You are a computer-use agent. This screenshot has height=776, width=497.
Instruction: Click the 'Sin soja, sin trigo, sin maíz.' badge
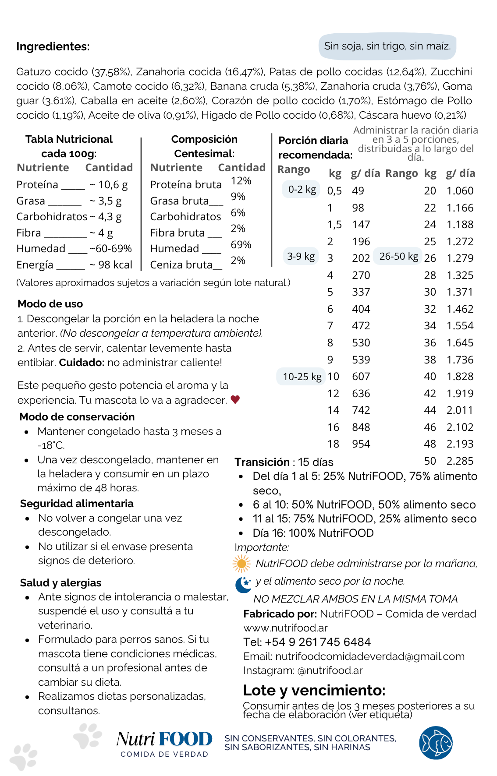387,46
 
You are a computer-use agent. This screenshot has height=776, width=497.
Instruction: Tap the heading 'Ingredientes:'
53,46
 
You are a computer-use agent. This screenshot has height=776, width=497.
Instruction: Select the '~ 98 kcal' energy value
111,265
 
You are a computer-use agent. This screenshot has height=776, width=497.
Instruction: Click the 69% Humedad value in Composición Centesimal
241,244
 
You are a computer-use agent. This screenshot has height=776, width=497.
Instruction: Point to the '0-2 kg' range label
302,189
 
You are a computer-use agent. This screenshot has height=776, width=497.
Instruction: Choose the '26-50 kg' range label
398,256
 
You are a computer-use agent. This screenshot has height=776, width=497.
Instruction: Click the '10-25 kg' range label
302,377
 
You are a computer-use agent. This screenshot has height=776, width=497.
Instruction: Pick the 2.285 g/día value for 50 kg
460,461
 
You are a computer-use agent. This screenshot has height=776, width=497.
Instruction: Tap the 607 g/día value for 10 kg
361,377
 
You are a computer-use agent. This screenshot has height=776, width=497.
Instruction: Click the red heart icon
235,399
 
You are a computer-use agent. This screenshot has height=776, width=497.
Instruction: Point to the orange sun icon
241,564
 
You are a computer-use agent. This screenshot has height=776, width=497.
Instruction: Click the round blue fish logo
436,743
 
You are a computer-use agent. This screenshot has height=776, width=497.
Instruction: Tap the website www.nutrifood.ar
285,628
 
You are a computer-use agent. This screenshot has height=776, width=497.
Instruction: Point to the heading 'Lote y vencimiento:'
314,690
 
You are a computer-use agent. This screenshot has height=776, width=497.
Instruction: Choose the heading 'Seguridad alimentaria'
77,504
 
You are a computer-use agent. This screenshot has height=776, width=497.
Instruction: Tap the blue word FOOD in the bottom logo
185,739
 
